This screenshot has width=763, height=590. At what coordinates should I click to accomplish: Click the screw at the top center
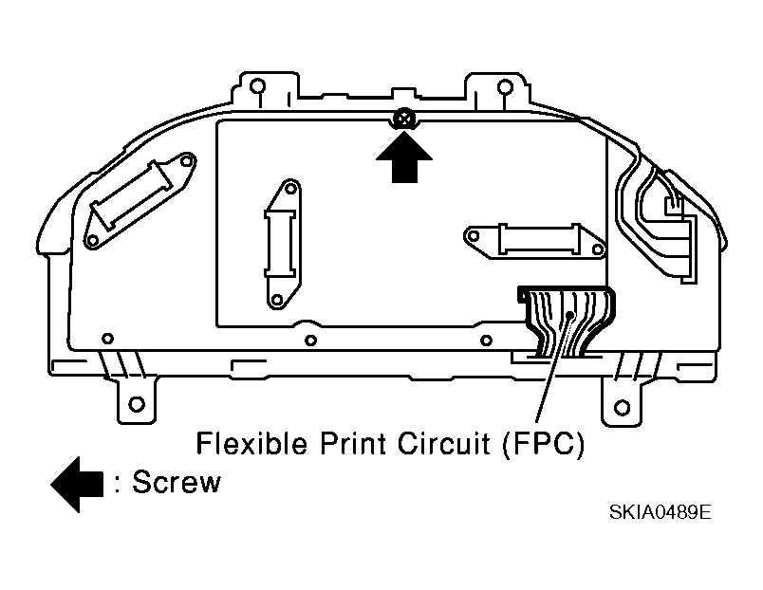pos(404,119)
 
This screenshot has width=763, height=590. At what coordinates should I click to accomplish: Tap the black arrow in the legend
pos(77,484)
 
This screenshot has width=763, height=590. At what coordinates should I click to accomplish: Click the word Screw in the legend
pos(177,482)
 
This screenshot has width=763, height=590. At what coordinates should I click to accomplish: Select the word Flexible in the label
pos(251,443)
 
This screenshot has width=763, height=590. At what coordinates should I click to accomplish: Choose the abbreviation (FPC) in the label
pos(543,444)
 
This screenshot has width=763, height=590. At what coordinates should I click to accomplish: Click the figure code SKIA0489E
pos(660,511)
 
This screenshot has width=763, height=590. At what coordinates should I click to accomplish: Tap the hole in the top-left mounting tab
pos(257,86)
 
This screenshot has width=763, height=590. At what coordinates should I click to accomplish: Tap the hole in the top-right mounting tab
pos(505,87)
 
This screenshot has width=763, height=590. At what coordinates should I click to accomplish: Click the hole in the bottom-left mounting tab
pos(137,404)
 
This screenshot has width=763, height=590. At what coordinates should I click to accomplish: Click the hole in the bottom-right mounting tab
pos(623,407)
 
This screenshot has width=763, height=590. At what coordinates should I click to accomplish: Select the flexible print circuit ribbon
pos(567,321)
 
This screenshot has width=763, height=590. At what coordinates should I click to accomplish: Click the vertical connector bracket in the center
pos(284,244)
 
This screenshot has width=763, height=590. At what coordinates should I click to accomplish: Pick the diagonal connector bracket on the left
pos(140,200)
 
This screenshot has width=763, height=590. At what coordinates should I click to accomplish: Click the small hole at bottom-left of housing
pos(107,338)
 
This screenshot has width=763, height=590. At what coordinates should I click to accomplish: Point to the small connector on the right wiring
pos(674,205)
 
